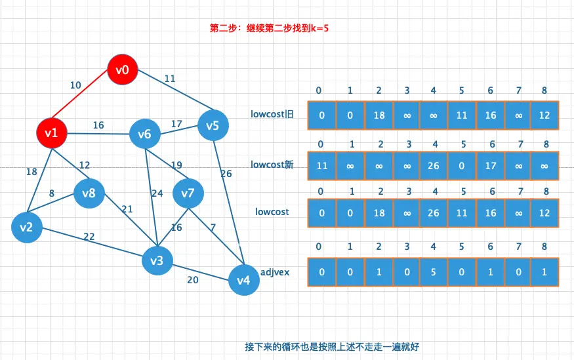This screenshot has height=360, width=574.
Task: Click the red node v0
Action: coord(123,69)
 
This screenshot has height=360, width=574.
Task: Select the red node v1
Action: coord(52,133)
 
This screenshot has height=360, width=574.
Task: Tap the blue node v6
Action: coord(145,134)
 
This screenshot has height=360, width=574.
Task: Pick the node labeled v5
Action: coord(213,125)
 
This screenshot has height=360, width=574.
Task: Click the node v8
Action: coord(89,193)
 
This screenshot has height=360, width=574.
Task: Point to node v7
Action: coord(188,193)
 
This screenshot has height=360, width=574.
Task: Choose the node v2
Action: coord(26,228)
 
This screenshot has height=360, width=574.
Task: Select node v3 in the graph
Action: coord(157,260)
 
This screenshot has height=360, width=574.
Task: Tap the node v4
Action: coord(243,281)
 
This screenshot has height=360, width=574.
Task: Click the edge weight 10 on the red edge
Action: coord(75,85)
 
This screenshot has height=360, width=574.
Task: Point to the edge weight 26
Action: coord(226,174)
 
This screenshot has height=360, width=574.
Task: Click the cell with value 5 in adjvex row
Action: coord(434,271)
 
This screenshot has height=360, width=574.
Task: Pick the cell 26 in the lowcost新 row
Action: coord(434,166)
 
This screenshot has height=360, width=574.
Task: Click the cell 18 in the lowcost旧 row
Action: coord(379,115)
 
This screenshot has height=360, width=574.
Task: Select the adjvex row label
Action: coord(275,270)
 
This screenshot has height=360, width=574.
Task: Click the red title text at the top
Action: coord(274,28)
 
